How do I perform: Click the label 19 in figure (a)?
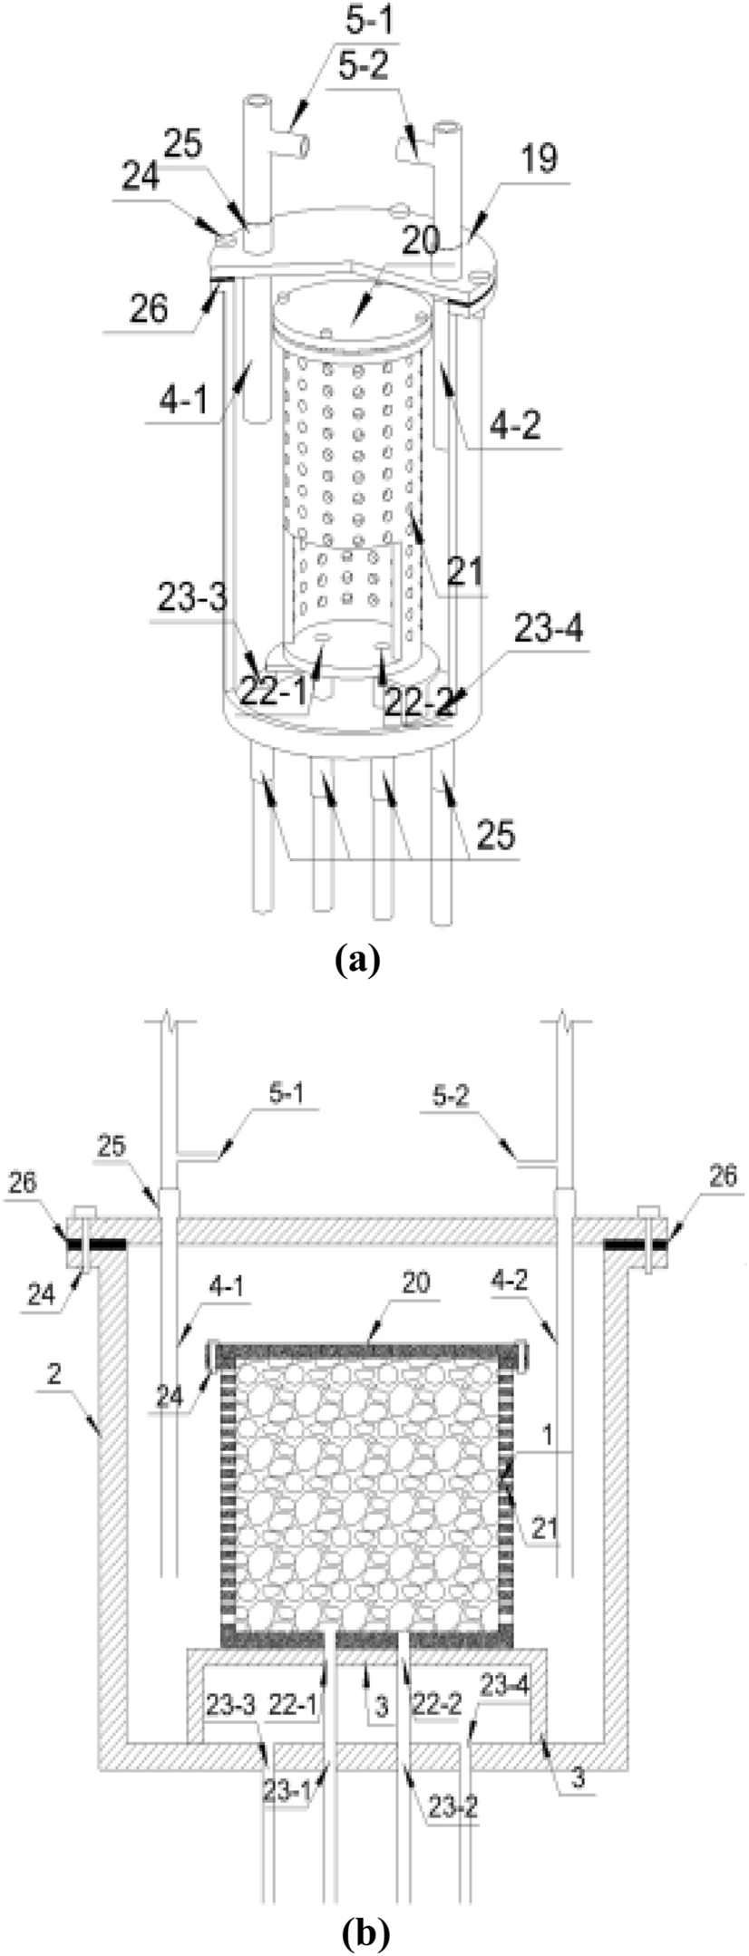coord(540,159)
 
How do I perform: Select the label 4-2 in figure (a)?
coord(518,424)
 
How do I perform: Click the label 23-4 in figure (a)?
coord(549,626)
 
